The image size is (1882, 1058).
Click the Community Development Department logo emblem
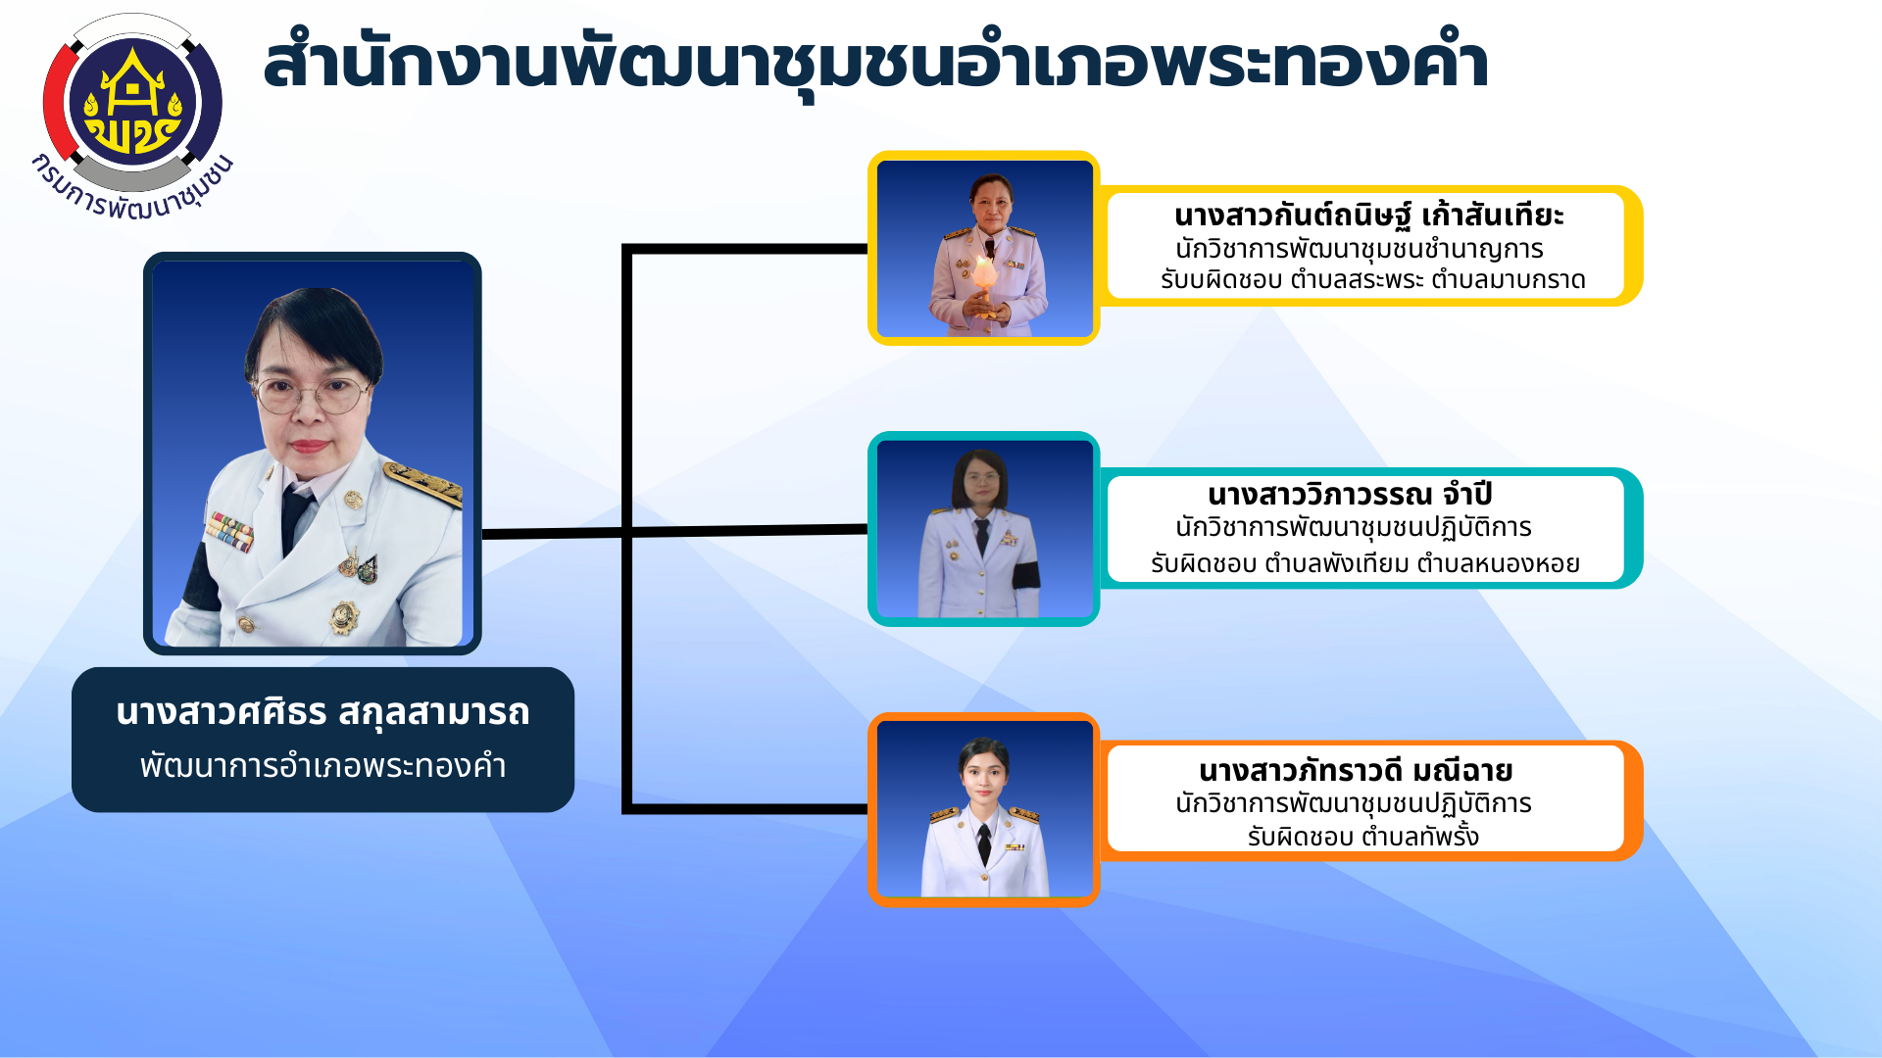coord(132,102)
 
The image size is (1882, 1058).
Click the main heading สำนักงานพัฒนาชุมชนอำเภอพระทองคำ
coord(875,65)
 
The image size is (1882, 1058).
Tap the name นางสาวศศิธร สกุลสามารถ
coord(322,713)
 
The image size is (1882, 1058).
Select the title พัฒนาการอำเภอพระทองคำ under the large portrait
coord(322,766)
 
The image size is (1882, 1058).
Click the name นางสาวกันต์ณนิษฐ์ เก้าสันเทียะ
coord(1368,216)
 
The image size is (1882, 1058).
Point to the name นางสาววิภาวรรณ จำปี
coord(1350,495)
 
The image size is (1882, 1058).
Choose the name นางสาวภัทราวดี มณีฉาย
coord(1356,771)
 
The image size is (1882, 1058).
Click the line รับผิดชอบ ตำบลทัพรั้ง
coord(1362,837)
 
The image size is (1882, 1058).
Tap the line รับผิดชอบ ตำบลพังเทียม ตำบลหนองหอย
coord(1365,563)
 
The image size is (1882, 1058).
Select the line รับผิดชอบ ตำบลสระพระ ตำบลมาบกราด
coord(1372,280)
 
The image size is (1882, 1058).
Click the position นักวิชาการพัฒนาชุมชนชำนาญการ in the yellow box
coord(1359,249)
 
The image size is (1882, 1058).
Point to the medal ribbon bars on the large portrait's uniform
coord(230,530)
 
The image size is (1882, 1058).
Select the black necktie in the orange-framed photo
coord(984,843)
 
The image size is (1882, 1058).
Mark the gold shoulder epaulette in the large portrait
coord(423,482)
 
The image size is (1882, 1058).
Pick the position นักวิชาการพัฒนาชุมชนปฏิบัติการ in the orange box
coord(1354,804)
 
